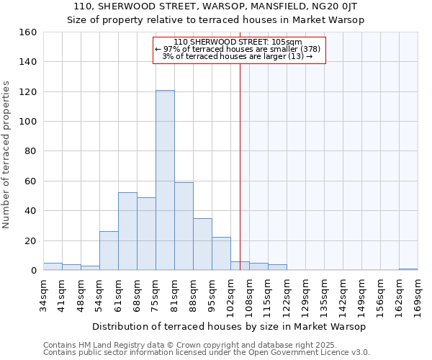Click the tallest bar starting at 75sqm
click(x=165, y=180)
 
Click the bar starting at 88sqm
click(x=202, y=244)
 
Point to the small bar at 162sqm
click(x=408, y=269)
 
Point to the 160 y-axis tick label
click(x=28, y=32)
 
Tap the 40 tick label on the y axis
click(x=31, y=211)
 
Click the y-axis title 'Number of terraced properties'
click(x=7, y=155)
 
